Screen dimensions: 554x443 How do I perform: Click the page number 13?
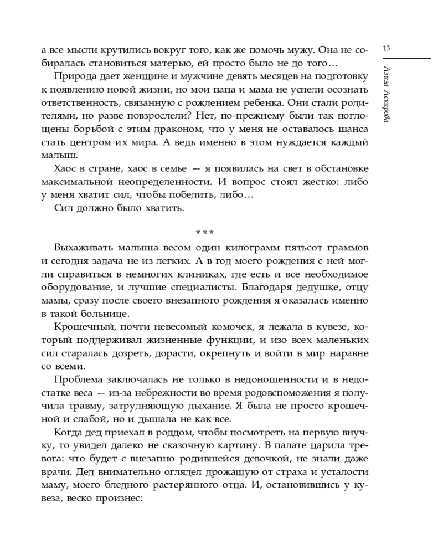tap(387, 49)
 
